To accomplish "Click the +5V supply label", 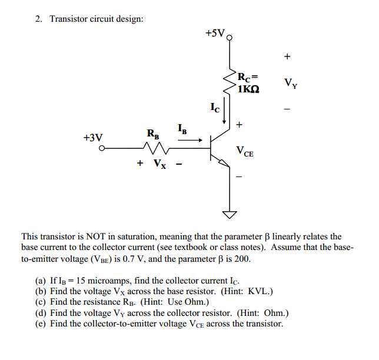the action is [215, 34].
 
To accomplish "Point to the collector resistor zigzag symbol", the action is [229, 82].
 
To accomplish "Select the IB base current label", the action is [182, 128].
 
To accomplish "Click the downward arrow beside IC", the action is [224, 112].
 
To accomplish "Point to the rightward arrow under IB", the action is [195, 140].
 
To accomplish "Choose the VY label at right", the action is [290, 83].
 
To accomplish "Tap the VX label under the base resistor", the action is [159, 164].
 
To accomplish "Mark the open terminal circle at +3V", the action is [101, 149].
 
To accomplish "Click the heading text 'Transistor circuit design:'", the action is [97, 19].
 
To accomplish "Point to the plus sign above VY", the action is [287, 57].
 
